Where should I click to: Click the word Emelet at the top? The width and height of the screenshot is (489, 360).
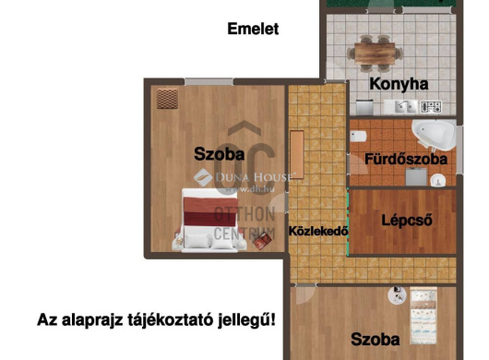pyautogui.click(x=253, y=29)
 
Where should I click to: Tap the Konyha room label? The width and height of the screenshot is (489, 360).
pyautogui.click(x=399, y=83)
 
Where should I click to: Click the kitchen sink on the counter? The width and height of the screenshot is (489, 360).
pyautogui.click(x=403, y=106)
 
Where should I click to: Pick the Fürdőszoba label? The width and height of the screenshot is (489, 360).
pyautogui.click(x=406, y=159)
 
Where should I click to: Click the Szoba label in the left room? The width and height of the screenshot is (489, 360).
pyautogui.click(x=219, y=152)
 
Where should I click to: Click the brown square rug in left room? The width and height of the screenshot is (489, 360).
pyautogui.click(x=166, y=97)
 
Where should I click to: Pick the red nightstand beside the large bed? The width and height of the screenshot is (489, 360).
pyautogui.click(x=262, y=240)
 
